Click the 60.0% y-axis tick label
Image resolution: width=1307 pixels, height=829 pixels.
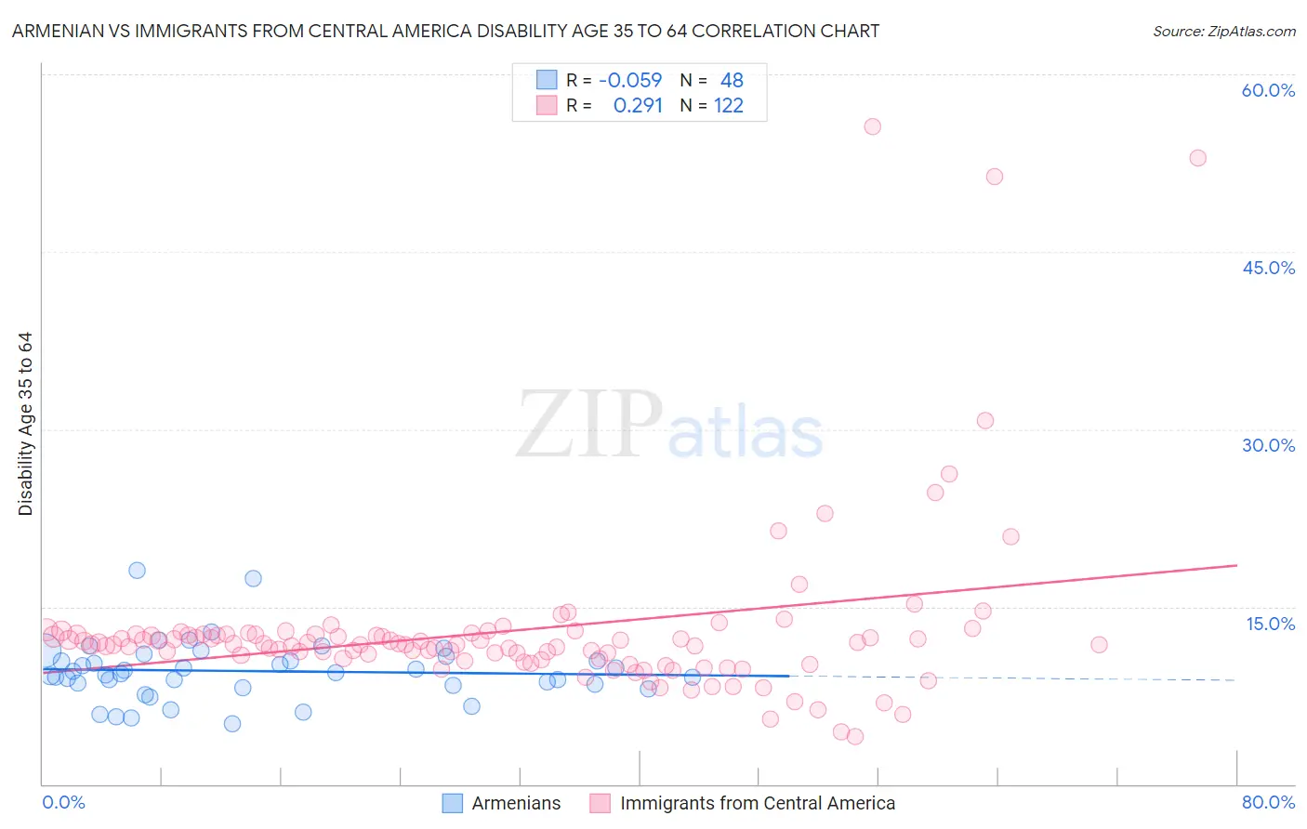(1268, 90)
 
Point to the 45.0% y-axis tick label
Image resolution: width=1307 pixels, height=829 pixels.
(1268, 268)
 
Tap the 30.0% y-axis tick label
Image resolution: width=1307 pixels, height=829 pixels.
(1268, 445)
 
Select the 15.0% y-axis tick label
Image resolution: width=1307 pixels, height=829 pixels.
(1270, 624)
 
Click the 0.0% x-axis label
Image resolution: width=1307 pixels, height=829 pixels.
(63, 802)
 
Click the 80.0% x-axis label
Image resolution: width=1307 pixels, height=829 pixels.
(1268, 802)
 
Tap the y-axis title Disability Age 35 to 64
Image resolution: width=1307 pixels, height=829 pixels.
(25, 424)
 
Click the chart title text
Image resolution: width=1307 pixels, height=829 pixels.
(445, 31)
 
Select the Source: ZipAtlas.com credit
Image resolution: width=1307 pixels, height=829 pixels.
(1223, 31)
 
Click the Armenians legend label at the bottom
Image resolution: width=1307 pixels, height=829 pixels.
(516, 803)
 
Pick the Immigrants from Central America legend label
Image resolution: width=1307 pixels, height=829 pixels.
(757, 803)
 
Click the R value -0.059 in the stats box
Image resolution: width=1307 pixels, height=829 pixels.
(629, 81)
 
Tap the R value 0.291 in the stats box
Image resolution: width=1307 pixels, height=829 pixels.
(638, 106)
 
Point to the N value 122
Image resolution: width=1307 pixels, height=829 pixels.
(729, 106)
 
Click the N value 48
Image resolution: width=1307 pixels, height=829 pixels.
(732, 81)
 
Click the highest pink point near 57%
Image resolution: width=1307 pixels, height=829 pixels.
(872, 126)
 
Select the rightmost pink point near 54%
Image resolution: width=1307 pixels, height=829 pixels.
(1197, 158)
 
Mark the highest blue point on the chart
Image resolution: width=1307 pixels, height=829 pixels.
(137, 570)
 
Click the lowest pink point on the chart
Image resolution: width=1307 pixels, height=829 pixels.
(855, 736)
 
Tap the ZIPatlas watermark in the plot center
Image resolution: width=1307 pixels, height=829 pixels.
(669, 425)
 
